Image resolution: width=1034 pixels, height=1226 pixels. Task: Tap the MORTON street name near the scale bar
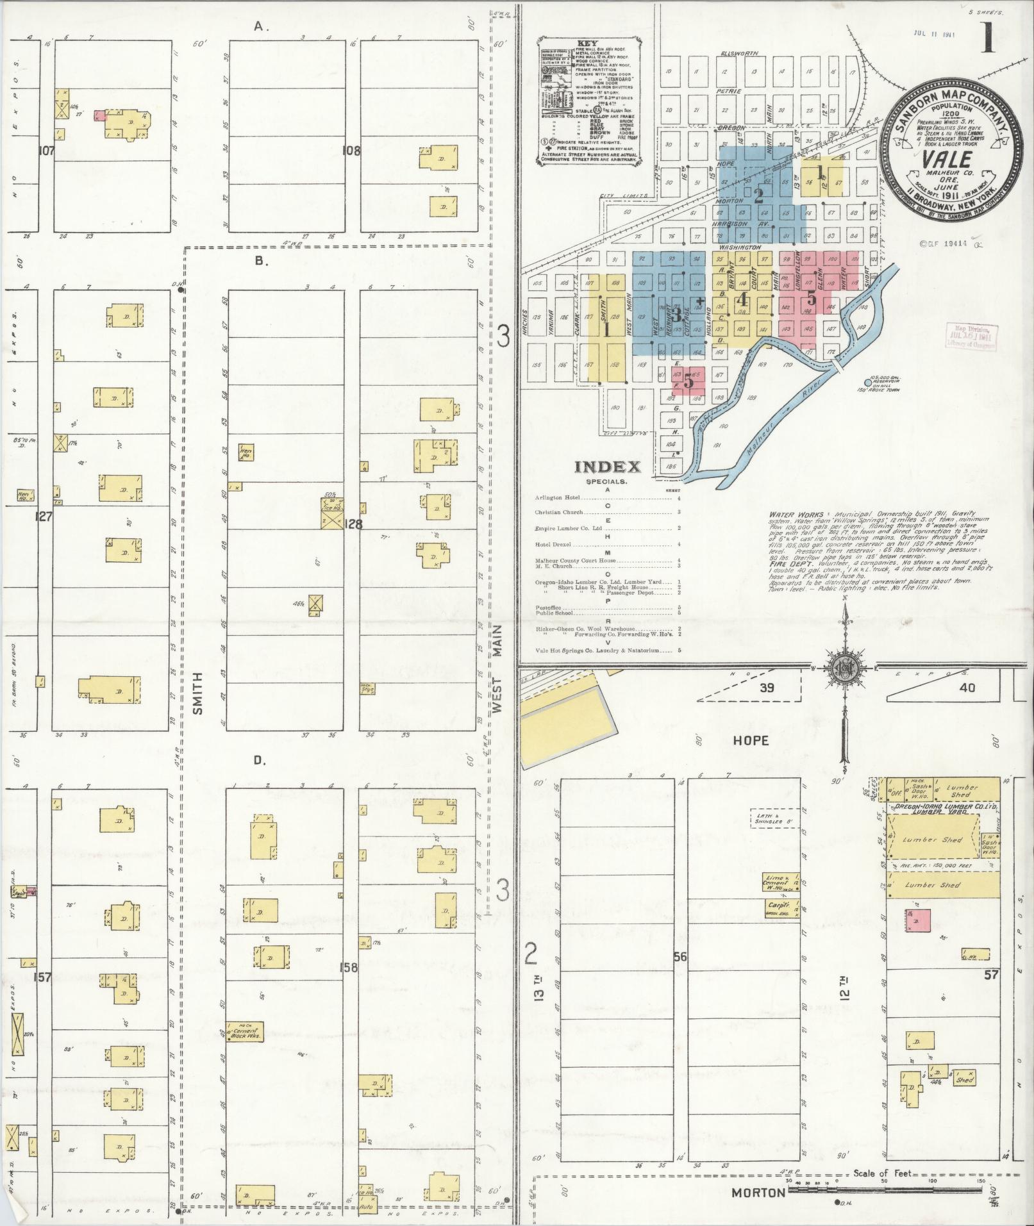[x=759, y=1193]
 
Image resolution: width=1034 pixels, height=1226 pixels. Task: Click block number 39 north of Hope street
[x=766, y=688]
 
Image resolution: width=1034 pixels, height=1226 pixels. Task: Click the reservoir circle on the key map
[x=868, y=383]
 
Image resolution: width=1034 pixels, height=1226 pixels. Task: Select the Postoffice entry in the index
[x=548, y=607]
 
